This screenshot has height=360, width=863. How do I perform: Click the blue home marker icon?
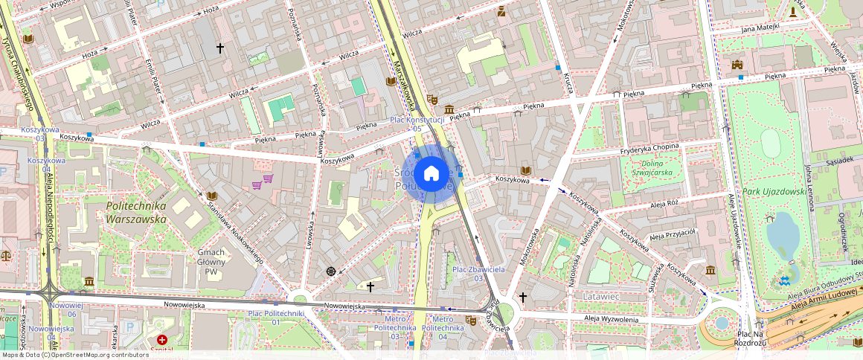click(x=431, y=174)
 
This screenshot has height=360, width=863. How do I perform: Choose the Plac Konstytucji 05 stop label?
click(x=417, y=123)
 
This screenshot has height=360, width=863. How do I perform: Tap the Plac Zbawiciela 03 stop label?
click(x=479, y=273)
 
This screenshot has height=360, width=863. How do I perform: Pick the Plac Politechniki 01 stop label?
click(x=275, y=318)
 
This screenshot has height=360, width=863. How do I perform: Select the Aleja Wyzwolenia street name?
click(x=612, y=319)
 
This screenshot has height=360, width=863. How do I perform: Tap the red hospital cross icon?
click(x=162, y=339)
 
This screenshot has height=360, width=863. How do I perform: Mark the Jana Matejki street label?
click(x=756, y=28)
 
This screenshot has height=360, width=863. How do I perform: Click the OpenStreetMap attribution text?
click(x=76, y=355)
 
